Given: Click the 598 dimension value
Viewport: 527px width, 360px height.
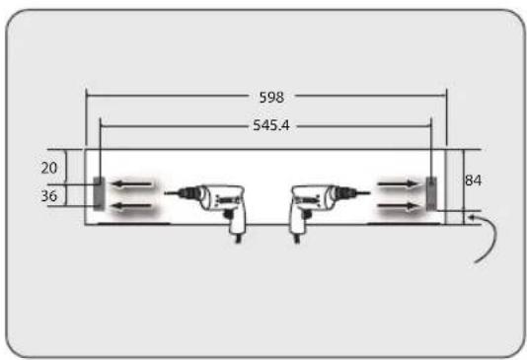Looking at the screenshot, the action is point(271,98).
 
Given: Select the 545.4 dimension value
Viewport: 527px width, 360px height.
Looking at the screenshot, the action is point(271,125).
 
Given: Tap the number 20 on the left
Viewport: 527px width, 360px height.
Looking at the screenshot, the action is point(49,168).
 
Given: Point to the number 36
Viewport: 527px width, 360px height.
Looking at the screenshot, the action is point(49,196).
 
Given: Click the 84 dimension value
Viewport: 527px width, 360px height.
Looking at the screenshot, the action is point(474,180).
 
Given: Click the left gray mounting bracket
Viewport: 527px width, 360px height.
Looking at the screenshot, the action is point(99,193).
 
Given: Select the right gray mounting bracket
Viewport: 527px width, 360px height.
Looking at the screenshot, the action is point(431,193).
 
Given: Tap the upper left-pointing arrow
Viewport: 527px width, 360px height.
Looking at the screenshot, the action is point(131,184).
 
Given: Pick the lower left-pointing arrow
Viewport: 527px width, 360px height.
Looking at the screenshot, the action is point(131,205).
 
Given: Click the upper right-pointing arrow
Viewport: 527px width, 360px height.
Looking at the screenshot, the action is point(399,183).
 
